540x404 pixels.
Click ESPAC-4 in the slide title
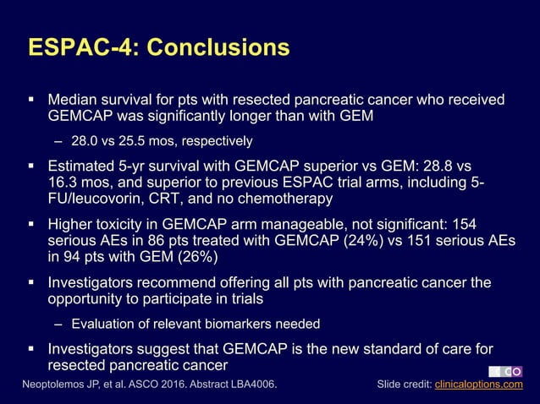click(81, 46)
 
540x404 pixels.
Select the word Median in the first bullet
click(74, 101)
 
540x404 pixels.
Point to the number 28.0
click(85, 139)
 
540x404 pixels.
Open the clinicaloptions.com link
click(478, 385)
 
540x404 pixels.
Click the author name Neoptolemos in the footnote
click(58, 385)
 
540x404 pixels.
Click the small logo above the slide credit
click(506, 370)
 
